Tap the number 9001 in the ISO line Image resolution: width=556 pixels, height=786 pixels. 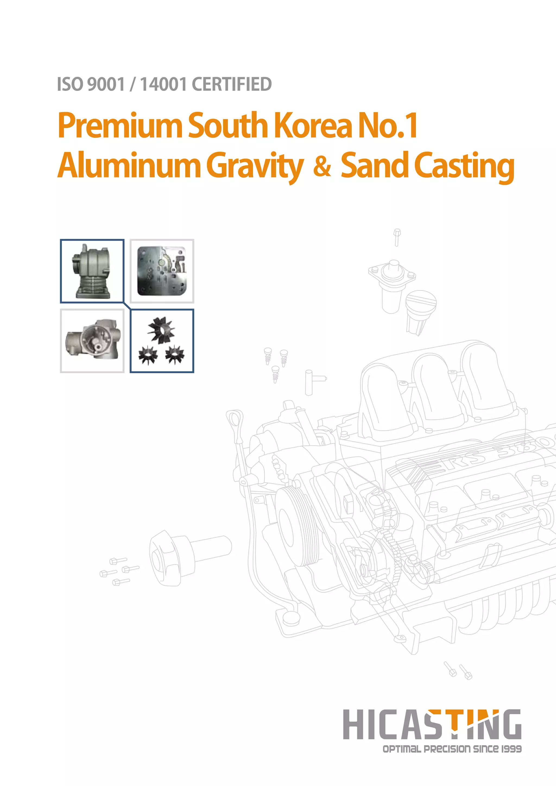pos(106,84)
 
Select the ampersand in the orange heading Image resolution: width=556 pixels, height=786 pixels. pos(322,166)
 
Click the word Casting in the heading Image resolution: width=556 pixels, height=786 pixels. pos(464,166)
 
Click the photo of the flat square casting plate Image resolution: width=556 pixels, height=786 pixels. pos(162,271)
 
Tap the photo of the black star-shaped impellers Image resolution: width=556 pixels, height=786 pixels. pos(162,341)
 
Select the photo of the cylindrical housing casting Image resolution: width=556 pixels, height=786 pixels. pos(92,341)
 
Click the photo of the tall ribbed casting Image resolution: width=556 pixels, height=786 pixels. pos(92,271)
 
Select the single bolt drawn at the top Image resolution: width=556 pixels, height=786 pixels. pos(397,237)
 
